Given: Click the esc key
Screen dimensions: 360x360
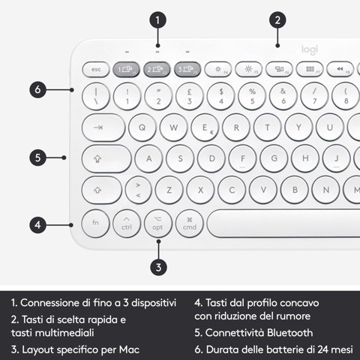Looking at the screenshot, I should (95, 69).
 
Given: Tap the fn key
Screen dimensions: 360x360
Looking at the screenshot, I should (95, 223).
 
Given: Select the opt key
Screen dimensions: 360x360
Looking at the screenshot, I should (157, 223).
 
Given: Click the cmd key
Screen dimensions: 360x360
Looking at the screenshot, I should (189, 223).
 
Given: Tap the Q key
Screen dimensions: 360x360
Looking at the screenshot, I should (142, 127).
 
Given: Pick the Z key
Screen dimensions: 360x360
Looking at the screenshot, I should (169, 190).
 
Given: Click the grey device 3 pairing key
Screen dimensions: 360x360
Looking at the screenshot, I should (188, 69).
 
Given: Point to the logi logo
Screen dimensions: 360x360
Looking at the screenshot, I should (310, 49).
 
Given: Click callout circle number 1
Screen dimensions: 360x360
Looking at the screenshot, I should (157, 20).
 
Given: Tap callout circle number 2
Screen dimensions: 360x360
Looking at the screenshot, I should (277, 20).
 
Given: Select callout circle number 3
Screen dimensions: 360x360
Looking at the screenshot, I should (157, 265).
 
